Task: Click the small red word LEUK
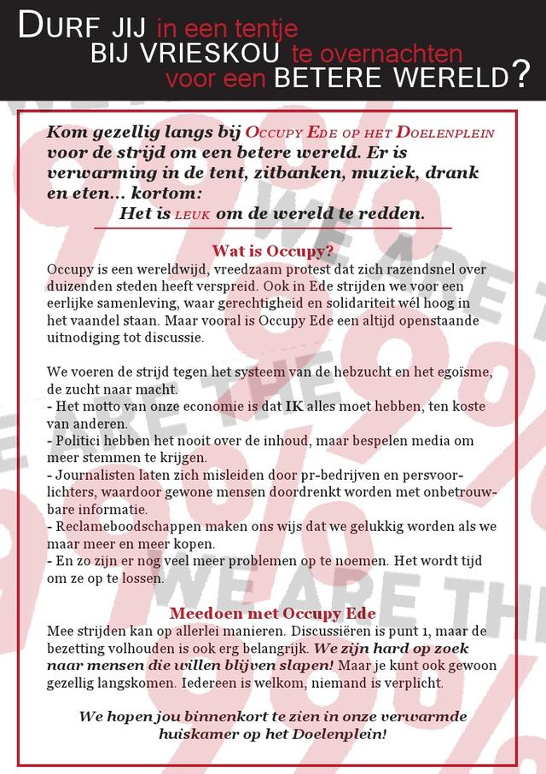[194, 214]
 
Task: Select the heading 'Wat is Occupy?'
[272, 251]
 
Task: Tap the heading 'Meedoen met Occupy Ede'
[272, 614]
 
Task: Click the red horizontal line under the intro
[272, 228]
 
